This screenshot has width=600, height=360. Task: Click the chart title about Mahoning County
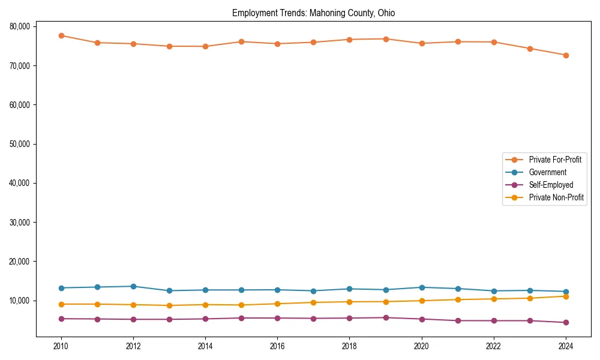tap(313, 13)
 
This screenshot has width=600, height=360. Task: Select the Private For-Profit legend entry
tap(554, 160)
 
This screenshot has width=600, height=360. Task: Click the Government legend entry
tap(547, 172)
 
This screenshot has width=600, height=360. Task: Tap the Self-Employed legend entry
tap(551, 185)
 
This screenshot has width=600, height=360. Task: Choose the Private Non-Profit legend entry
tap(556, 197)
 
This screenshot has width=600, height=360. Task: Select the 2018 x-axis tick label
tap(349, 346)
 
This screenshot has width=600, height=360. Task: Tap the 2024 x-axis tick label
tap(565, 346)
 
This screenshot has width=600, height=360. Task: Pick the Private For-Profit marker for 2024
tap(565, 55)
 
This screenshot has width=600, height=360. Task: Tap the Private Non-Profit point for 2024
tap(565, 296)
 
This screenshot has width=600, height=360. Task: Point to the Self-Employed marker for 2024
tap(565, 322)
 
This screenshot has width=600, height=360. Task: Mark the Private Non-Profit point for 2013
tap(169, 305)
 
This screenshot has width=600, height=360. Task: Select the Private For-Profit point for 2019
tap(385, 39)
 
